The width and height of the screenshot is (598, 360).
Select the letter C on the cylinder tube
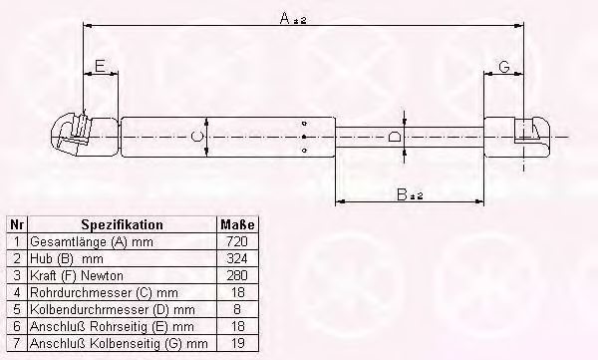pyautogui.click(x=196, y=135)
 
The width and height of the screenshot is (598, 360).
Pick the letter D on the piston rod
pyautogui.click(x=395, y=136)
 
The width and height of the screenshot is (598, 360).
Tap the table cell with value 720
pyautogui.click(x=238, y=242)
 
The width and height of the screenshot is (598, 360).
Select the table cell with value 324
pyautogui.click(x=238, y=259)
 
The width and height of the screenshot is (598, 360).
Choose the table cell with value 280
pyautogui.click(x=238, y=276)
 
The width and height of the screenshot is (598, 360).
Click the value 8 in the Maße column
pyautogui.click(x=238, y=310)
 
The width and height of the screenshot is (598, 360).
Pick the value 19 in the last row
pyautogui.click(x=238, y=344)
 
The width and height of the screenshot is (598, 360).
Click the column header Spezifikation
pyautogui.click(x=122, y=225)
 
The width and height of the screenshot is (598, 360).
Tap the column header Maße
pyautogui.click(x=238, y=225)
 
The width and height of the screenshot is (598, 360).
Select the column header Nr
pyautogui.click(x=15, y=225)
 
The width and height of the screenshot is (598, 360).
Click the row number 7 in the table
pyautogui.click(x=15, y=344)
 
